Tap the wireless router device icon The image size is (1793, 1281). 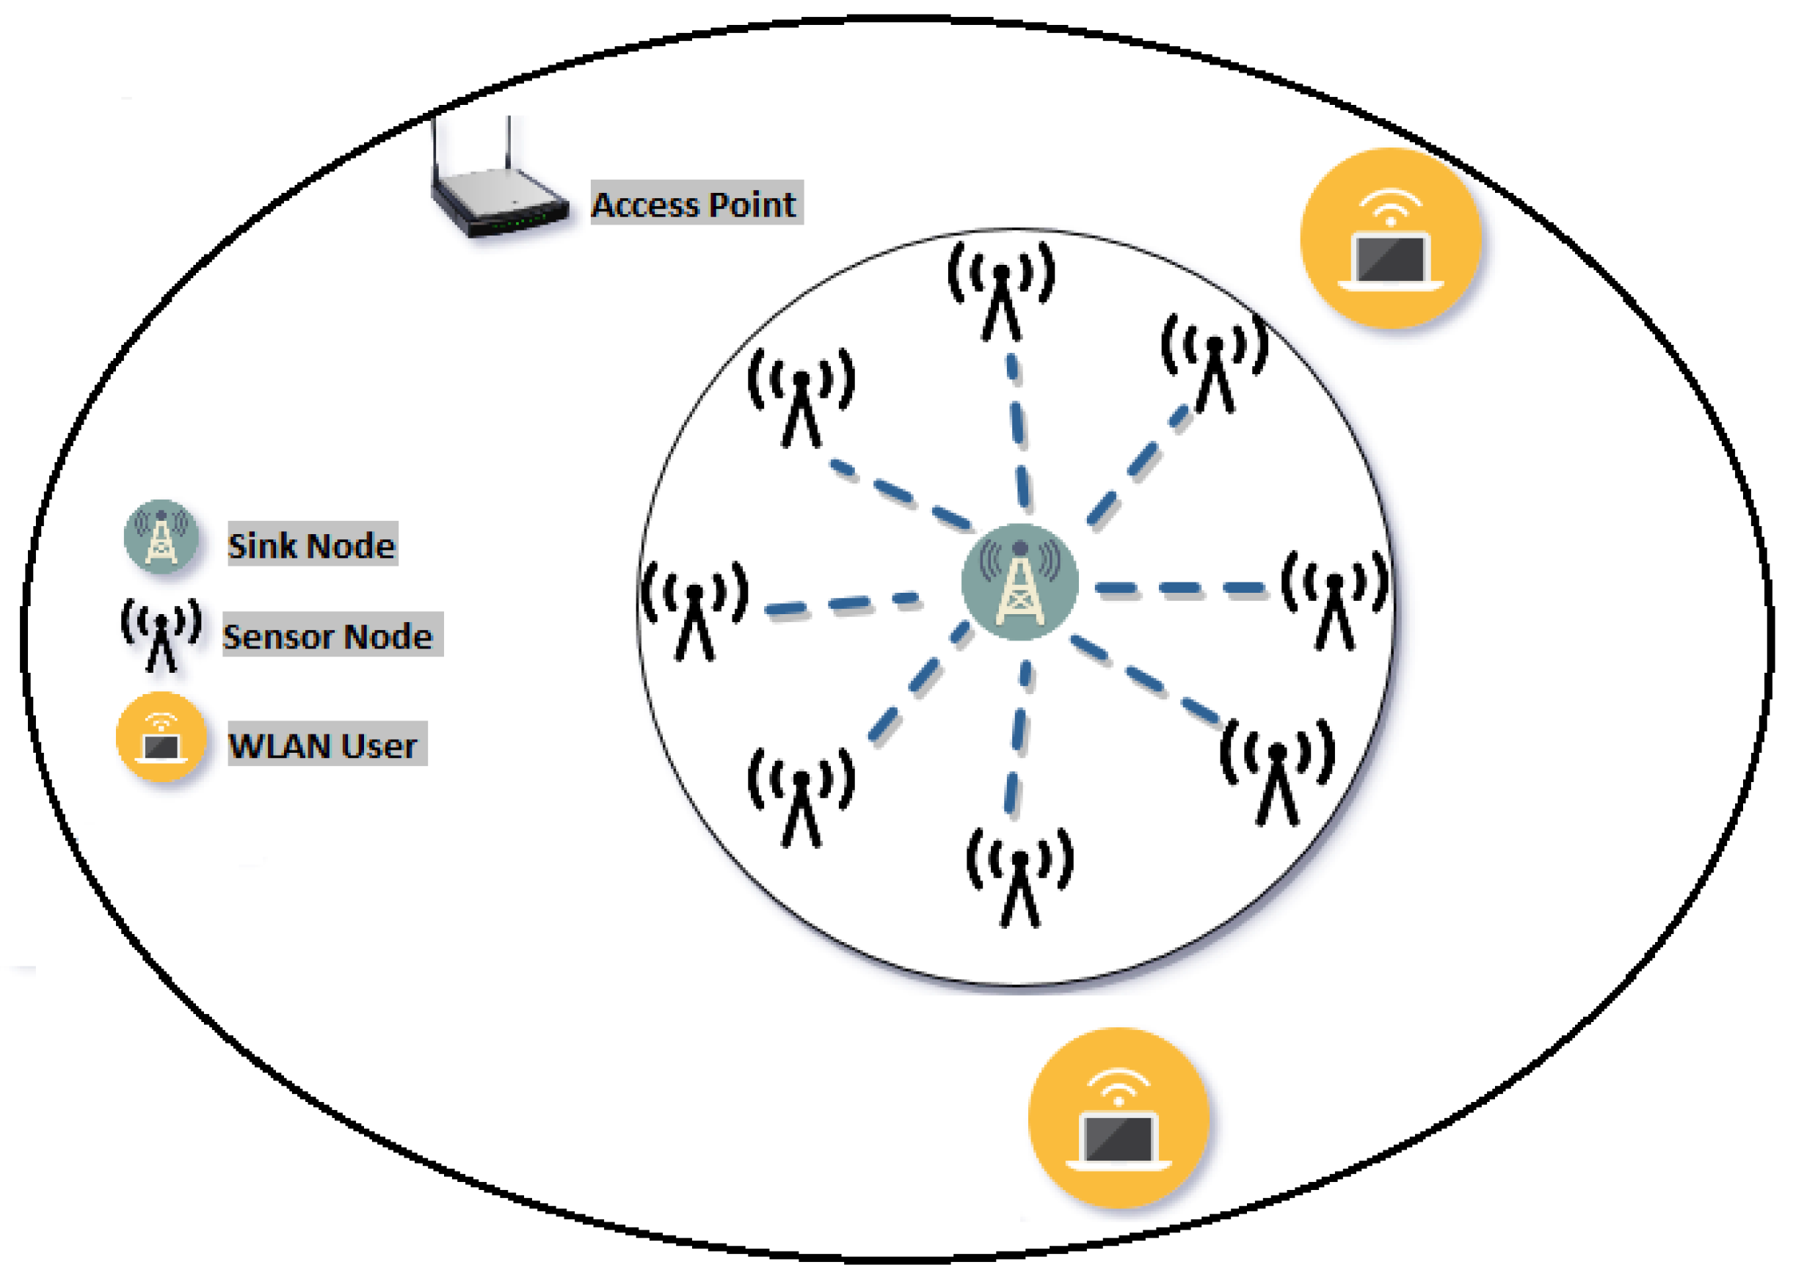(x=497, y=193)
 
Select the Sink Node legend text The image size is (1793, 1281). (x=312, y=544)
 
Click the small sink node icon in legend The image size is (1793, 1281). (x=161, y=536)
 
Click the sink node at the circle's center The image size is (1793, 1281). (x=1020, y=582)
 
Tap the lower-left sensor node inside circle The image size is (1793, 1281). (x=801, y=798)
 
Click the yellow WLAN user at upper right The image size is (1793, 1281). (x=1391, y=238)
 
